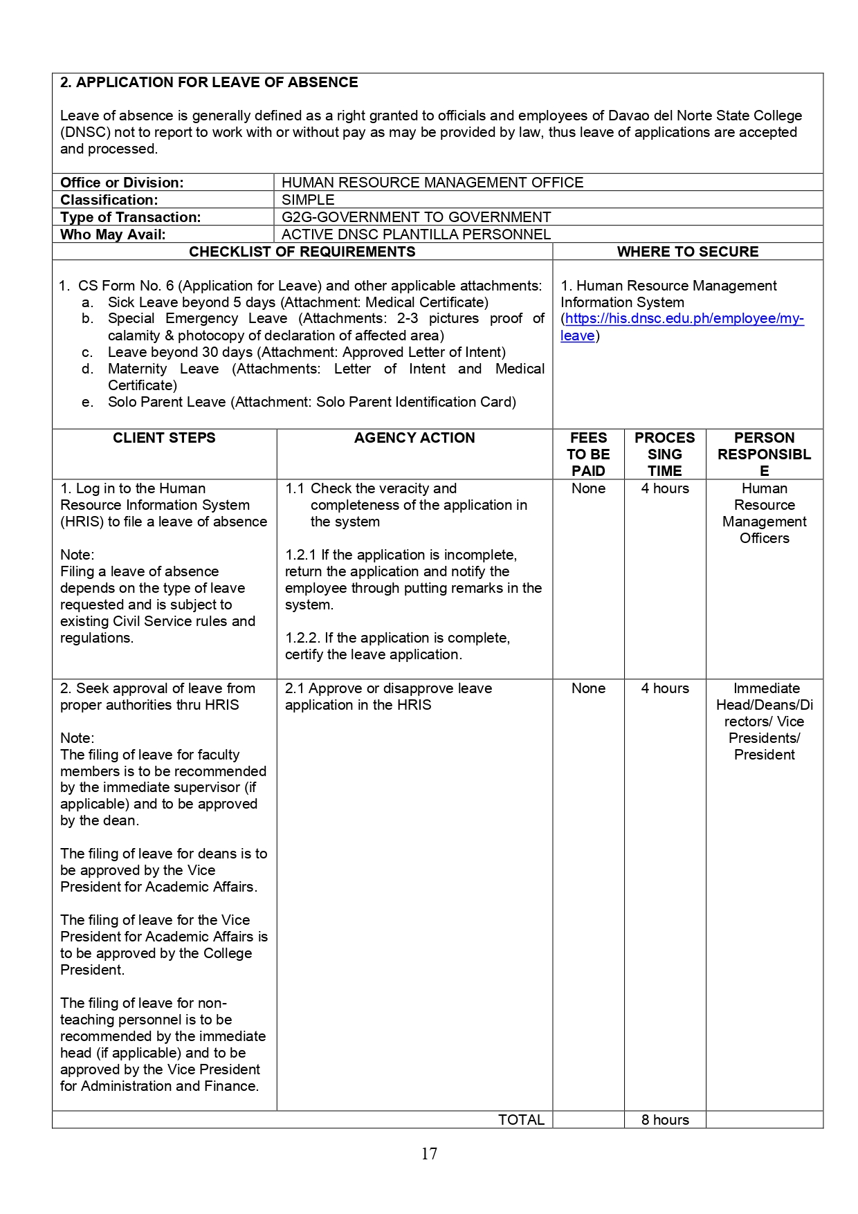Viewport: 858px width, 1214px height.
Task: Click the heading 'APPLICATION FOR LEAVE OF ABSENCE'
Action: coord(217,82)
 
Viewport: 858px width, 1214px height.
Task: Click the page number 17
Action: coord(429,1153)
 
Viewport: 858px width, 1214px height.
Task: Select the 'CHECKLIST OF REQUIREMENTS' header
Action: coord(302,252)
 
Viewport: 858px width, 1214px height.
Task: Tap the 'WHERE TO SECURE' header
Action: coord(688,252)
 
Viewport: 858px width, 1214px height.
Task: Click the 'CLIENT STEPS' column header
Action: coord(164,438)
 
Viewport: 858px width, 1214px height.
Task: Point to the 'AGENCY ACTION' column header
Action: coord(414,438)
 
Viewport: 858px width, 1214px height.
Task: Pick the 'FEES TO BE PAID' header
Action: coord(588,454)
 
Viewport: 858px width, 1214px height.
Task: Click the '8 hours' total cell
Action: coord(665,1120)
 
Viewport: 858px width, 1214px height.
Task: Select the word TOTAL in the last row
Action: coord(521,1120)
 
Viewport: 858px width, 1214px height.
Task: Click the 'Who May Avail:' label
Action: coord(113,234)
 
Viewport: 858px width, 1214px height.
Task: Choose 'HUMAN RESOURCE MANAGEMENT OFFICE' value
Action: coord(432,183)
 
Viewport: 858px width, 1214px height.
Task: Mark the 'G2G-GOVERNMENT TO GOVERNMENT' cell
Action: coord(416,217)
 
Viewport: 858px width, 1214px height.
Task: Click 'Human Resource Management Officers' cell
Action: coord(764,513)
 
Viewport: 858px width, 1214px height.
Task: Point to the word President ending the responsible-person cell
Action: coord(764,755)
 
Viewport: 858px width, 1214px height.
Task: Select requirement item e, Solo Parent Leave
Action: coord(311,402)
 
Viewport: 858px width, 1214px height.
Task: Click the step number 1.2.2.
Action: coord(302,638)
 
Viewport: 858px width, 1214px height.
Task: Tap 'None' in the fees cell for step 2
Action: coord(588,688)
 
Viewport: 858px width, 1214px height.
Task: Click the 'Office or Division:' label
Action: coord(122,183)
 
